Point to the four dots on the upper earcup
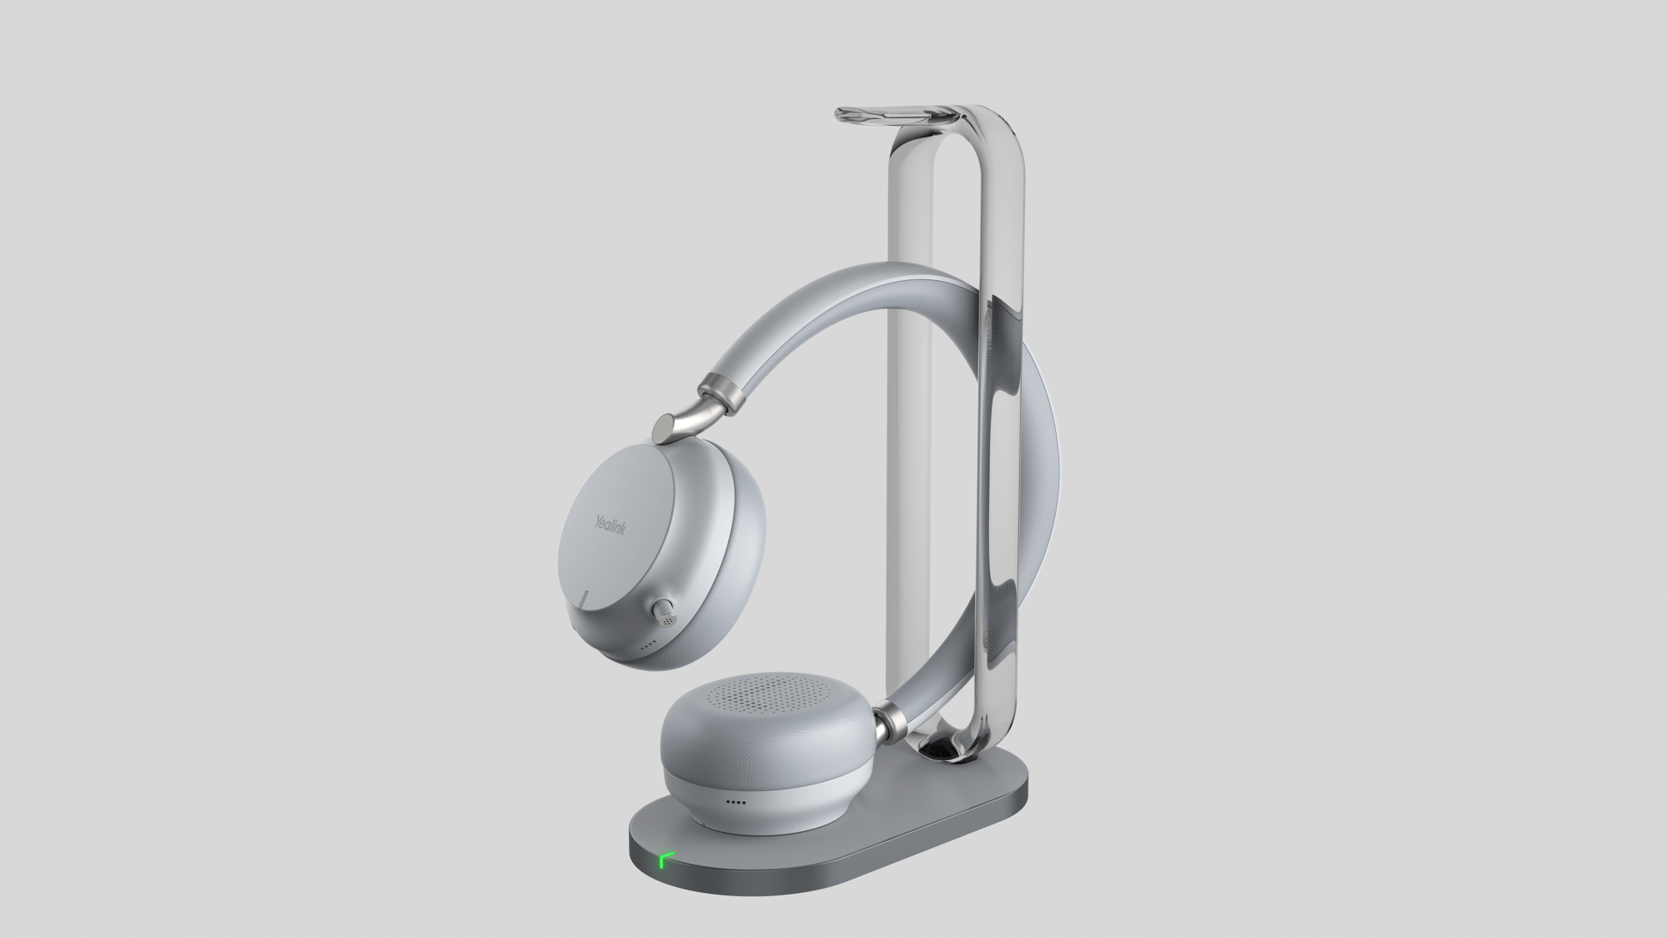(646, 645)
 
